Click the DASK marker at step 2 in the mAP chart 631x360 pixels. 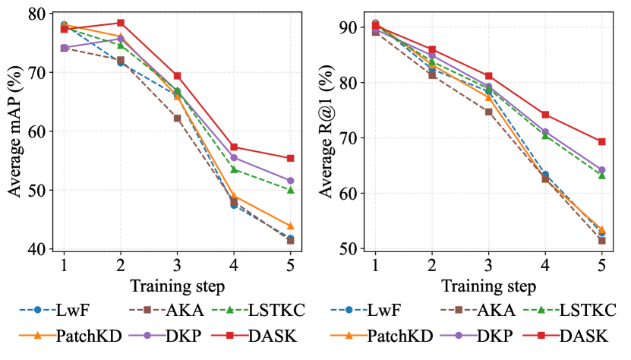pos(120,23)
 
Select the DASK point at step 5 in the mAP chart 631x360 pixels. pos(290,158)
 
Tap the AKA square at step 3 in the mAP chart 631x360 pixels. pos(177,118)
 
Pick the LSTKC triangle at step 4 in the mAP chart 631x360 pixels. pos(234,169)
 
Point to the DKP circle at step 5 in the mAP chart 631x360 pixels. pos(290,181)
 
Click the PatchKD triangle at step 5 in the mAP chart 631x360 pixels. pos(290,226)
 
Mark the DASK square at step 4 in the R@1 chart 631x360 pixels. pos(545,115)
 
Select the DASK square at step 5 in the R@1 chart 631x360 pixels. pos(601,141)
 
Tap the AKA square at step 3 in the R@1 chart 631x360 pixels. pos(488,112)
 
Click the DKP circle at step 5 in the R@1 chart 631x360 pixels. pos(601,170)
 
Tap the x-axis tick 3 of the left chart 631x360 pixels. pos(177,267)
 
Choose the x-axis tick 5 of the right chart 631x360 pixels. pos(601,267)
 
